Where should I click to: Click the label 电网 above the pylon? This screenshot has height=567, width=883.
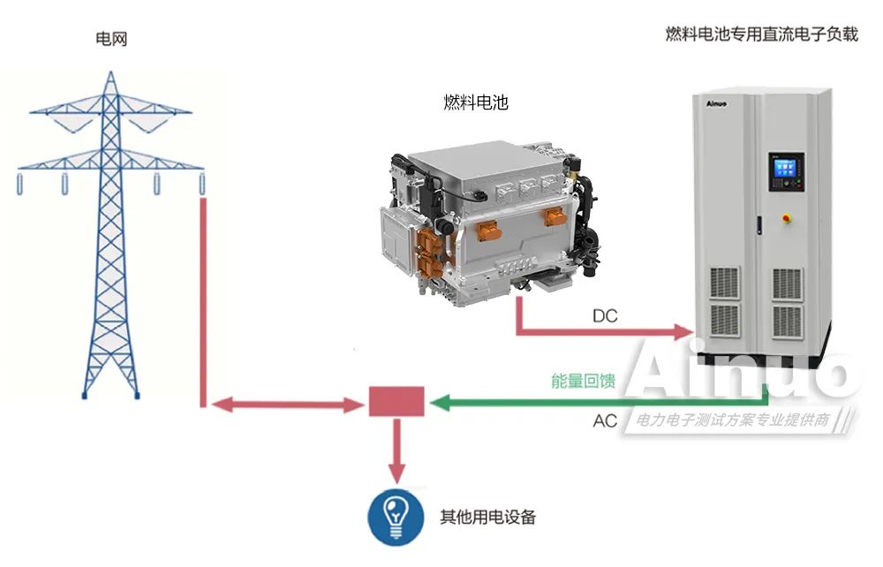click(x=111, y=39)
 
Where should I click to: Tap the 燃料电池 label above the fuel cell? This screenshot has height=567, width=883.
click(x=476, y=102)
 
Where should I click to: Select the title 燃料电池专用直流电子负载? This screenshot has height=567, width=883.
click(x=761, y=34)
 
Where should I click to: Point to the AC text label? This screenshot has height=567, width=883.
click(x=605, y=421)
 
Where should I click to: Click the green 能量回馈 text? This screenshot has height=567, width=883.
click(x=583, y=382)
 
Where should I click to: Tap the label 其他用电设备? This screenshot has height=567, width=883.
click(x=487, y=518)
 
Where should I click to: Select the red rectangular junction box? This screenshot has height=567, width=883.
click(x=396, y=401)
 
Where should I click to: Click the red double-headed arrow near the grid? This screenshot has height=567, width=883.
click(x=287, y=405)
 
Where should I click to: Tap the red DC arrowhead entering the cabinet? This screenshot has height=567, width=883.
click(x=683, y=332)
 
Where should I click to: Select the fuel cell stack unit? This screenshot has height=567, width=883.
click(x=486, y=215)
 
